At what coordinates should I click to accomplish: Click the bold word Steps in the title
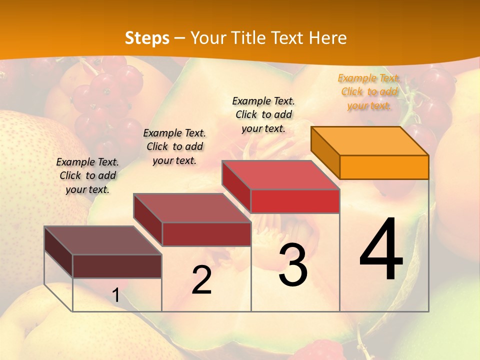[147, 38]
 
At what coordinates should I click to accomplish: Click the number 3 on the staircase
[293, 264]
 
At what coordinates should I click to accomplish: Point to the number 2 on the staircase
[201, 280]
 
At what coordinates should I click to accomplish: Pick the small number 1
[116, 295]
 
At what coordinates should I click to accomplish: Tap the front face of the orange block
[384, 167]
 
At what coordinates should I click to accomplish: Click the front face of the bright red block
[295, 201]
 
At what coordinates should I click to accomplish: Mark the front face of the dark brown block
[117, 266]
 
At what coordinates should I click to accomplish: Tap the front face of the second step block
[206, 234]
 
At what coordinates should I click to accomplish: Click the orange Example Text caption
[369, 91]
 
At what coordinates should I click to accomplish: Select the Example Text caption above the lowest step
[87, 175]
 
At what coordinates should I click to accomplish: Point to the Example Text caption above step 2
[174, 146]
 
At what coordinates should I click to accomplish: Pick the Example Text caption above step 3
[263, 114]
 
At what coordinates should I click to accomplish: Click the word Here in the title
[328, 38]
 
